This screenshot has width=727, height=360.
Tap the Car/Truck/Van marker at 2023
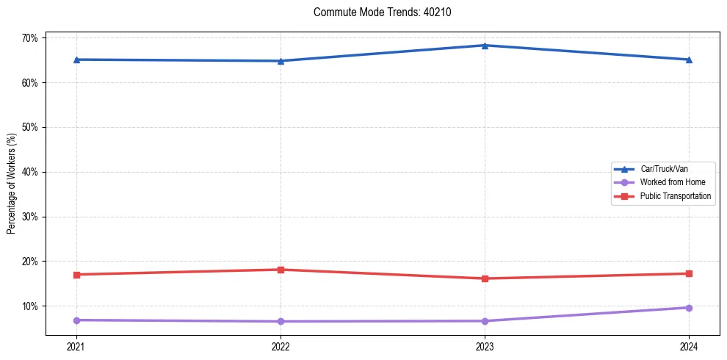click(x=485, y=46)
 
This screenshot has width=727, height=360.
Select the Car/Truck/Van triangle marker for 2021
click(x=76, y=60)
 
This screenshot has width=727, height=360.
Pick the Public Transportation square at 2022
click(x=281, y=270)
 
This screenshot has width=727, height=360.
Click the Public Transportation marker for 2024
click(x=689, y=273)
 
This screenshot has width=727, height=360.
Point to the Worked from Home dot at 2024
click(x=689, y=308)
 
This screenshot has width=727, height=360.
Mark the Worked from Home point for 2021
click(x=76, y=320)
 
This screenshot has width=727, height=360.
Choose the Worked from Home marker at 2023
click(x=485, y=321)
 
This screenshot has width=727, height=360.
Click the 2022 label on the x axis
click(x=281, y=346)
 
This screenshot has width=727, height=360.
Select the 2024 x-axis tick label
click(x=689, y=346)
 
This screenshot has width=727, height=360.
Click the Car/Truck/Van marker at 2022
click(x=281, y=61)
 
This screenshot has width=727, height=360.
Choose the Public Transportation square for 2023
click(x=485, y=278)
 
